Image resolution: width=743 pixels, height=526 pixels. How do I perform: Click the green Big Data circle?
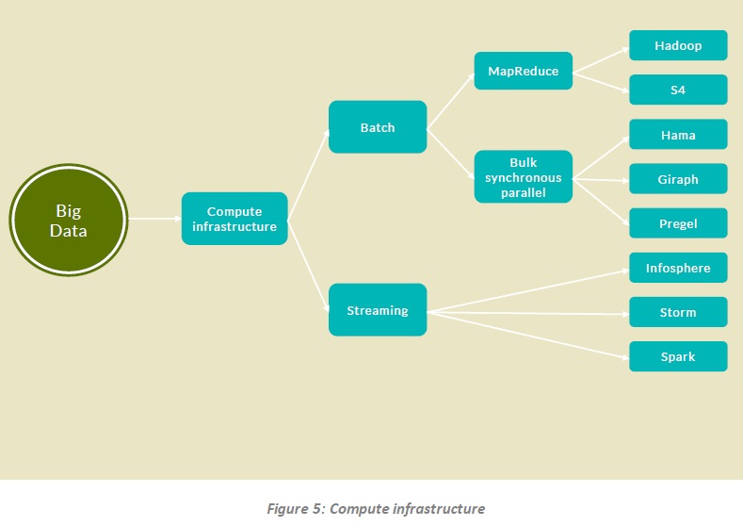point(69,219)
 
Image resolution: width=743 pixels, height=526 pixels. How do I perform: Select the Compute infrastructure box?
point(234,219)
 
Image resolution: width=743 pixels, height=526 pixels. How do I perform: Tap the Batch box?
point(378,127)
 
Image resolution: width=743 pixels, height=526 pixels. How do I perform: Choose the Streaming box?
point(378,310)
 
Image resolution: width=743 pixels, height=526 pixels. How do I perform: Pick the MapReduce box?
point(523,71)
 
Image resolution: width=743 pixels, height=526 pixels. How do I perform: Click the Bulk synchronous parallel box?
point(523,176)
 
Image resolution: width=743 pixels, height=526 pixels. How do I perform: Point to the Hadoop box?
point(678,45)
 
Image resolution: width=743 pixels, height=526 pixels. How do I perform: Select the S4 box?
point(678,90)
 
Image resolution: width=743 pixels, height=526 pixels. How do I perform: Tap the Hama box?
point(678,135)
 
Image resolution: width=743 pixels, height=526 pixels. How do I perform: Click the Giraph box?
point(678,179)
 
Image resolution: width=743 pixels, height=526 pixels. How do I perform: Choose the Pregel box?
point(678,223)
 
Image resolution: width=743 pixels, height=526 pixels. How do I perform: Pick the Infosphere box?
point(678,268)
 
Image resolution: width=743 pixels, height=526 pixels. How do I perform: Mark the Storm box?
point(678,312)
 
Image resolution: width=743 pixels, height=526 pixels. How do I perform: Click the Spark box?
point(678,356)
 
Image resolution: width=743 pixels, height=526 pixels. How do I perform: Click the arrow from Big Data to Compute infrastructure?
point(154,219)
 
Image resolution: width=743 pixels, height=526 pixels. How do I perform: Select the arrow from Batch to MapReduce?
point(450,100)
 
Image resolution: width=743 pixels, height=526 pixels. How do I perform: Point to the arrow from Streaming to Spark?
point(527,335)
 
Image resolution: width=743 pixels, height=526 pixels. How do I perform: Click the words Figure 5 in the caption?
point(294,509)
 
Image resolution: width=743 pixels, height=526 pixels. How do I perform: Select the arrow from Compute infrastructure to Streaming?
point(308,265)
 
